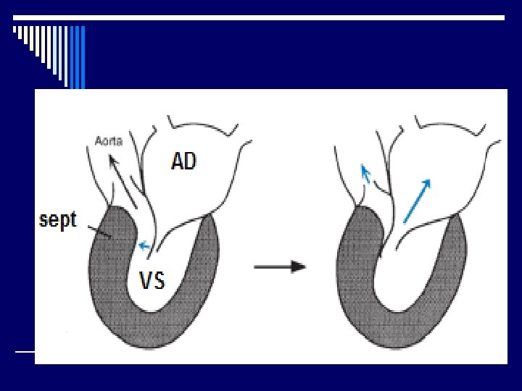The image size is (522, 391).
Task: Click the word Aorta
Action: tap(109, 142)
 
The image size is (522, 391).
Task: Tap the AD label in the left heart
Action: tap(183, 161)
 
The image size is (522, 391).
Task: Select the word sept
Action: tap(57, 219)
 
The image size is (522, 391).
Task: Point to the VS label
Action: tap(152, 280)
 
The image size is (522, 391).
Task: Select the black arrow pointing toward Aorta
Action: tap(120, 174)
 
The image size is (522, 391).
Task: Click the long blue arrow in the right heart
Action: tap(417, 201)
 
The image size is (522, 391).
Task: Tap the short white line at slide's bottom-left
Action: tap(25, 351)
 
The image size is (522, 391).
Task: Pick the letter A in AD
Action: tap(177, 161)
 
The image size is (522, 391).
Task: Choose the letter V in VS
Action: tap(146, 280)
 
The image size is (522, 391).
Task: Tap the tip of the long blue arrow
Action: tap(430, 181)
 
